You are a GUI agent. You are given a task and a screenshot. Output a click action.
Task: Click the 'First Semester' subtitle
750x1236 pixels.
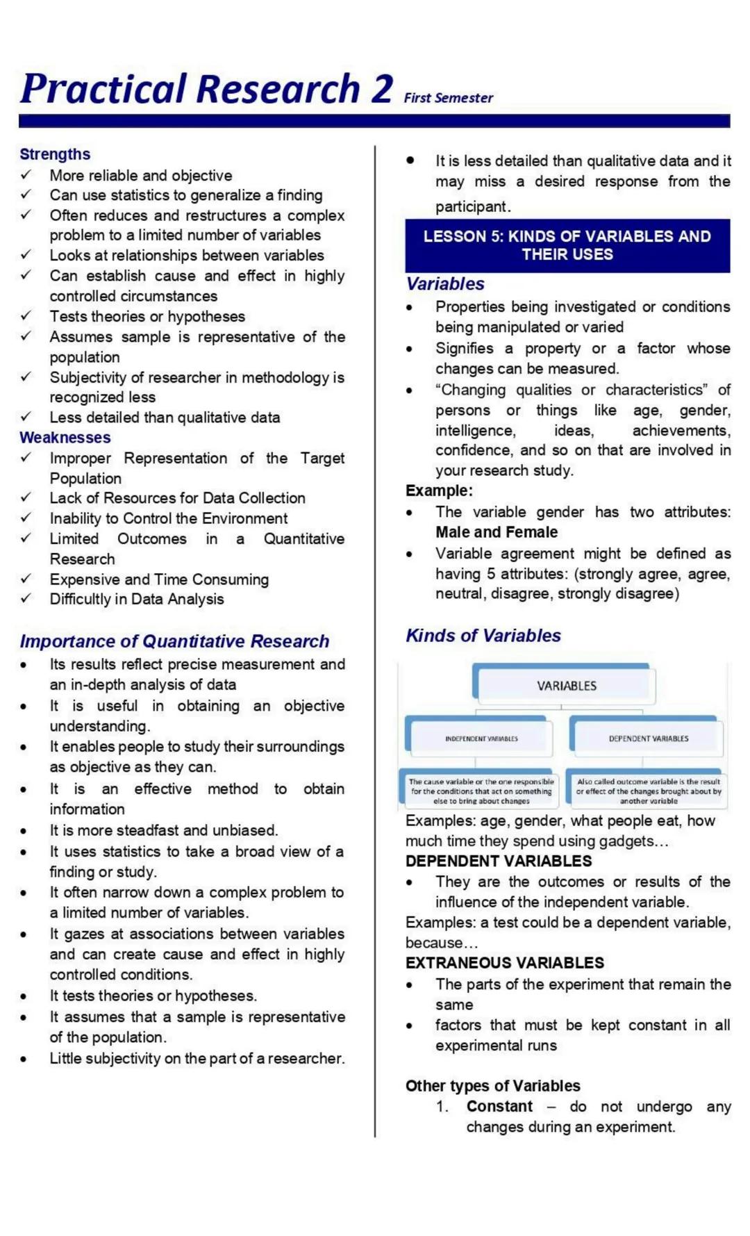pyautogui.click(x=448, y=98)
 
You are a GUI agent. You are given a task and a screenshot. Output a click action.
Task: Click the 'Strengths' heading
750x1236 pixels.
pyautogui.click(x=55, y=154)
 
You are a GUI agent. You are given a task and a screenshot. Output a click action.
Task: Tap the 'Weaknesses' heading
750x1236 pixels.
pyautogui.click(x=65, y=438)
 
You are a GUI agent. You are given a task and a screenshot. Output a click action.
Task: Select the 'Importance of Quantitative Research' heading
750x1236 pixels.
pyautogui.click(x=174, y=641)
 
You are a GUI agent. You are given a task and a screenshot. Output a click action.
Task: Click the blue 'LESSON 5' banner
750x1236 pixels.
pyautogui.click(x=567, y=245)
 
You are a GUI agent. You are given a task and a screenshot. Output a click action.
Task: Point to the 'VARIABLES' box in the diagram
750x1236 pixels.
pyautogui.click(x=566, y=686)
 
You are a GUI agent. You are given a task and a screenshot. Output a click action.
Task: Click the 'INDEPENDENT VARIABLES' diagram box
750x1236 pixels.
pyautogui.click(x=481, y=739)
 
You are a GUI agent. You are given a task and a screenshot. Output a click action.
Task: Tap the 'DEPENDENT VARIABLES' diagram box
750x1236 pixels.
pyautogui.click(x=648, y=739)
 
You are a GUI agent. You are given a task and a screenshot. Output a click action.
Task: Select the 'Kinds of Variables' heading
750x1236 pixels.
pyautogui.click(x=483, y=636)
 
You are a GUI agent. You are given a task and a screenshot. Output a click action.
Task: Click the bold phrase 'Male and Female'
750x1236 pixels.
pyautogui.click(x=497, y=532)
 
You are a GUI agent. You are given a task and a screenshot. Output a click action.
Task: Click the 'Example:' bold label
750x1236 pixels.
pyautogui.click(x=439, y=491)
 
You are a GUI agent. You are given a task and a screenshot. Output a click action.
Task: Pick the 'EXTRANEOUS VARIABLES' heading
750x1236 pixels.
pyautogui.click(x=505, y=963)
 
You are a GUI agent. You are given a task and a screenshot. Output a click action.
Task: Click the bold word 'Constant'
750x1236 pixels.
pyautogui.click(x=499, y=1106)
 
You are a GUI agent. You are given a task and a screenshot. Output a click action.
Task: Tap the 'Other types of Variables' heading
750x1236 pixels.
pyautogui.click(x=493, y=1086)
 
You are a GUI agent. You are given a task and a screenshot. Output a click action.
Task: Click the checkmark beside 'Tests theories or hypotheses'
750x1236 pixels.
pyautogui.click(x=26, y=316)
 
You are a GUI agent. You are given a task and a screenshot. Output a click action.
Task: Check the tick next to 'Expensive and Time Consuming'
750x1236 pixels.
pyautogui.click(x=26, y=579)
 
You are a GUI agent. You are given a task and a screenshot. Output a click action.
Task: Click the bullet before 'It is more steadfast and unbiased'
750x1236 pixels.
pyautogui.click(x=24, y=831)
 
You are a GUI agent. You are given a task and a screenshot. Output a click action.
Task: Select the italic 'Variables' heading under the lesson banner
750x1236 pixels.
pyautogui.click(x=445, y=283)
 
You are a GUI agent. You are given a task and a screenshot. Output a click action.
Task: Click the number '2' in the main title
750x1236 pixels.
pyautogui.click(x=382, y=89)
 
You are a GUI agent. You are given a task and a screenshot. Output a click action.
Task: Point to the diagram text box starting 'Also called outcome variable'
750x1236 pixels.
pyautogui.click(x=648, y=791)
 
